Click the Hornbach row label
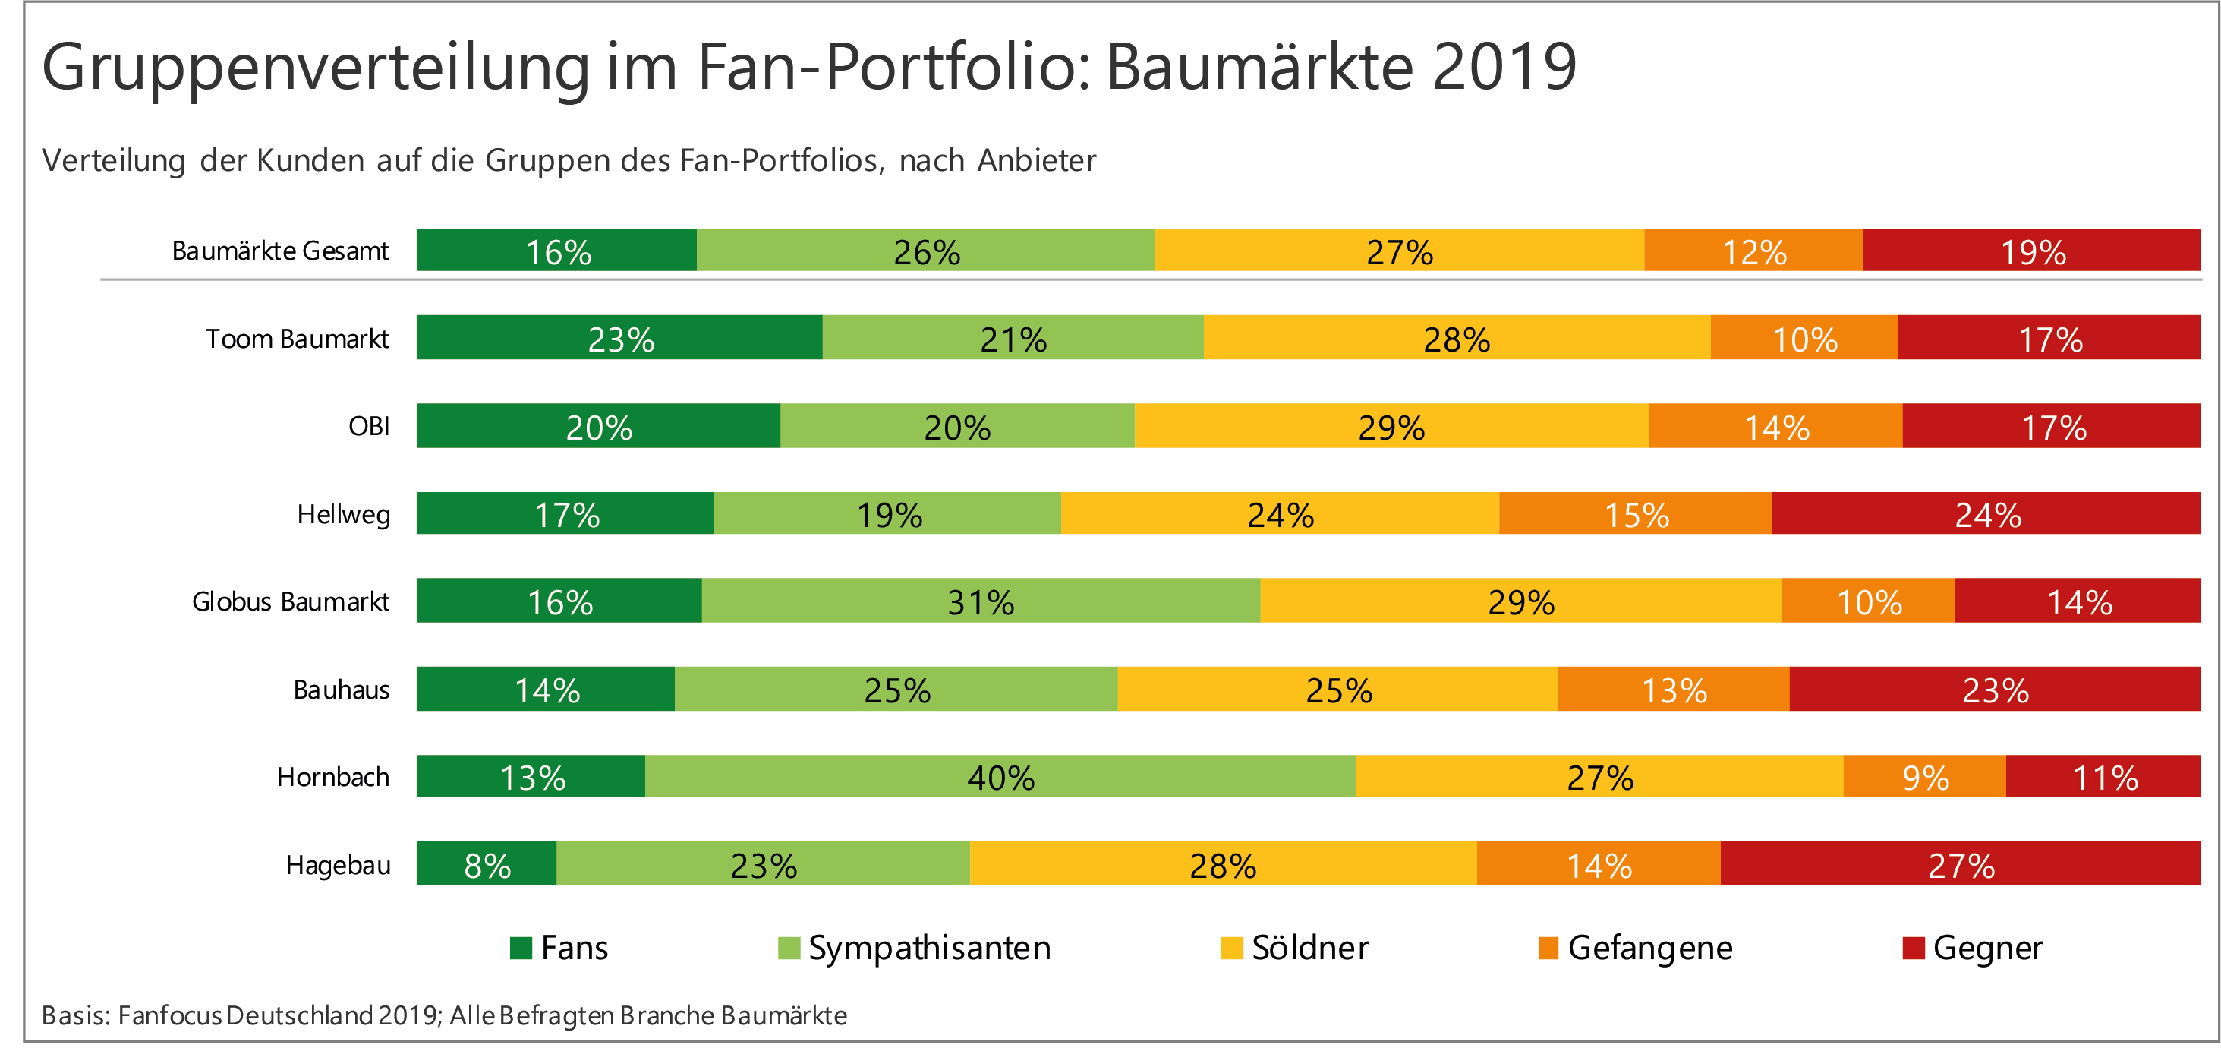[332, 777]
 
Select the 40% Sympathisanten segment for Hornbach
[1000, 777]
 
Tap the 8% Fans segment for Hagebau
[487, 864]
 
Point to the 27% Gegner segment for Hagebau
[1960, 864]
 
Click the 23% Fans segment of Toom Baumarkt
[619, 338]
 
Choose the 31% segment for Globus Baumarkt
[980, 601]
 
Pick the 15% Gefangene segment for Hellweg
[1636, 514]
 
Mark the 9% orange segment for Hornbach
[1924, 777]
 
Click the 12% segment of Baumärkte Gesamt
[1753, 251]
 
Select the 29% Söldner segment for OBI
[1391, 426]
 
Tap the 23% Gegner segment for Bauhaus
[1994, 690]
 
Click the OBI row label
[369, 426]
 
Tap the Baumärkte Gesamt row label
[280, 251]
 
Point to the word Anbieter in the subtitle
[1036, 160]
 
